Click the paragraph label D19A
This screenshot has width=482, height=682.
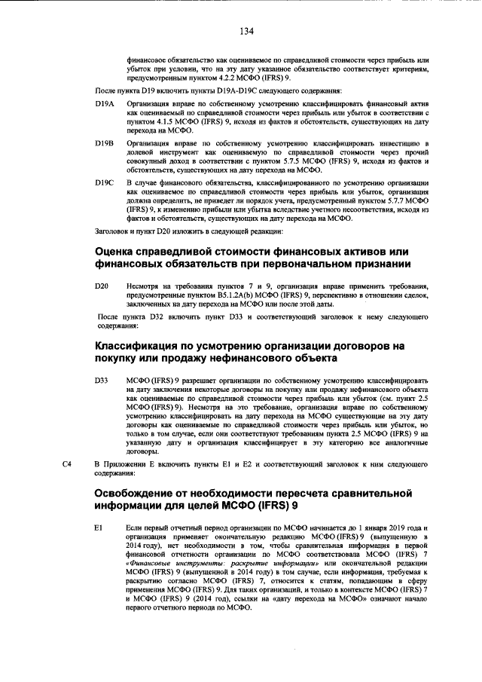point(105,102)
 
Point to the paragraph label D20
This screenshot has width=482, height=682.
point(102,286)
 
